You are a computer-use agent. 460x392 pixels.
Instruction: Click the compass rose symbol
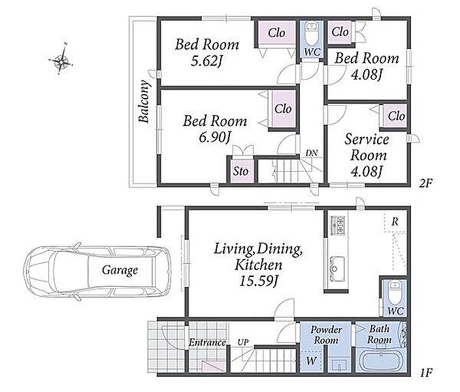61,59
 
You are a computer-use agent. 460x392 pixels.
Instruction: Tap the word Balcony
144,101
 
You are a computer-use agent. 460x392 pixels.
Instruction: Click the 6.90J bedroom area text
214,137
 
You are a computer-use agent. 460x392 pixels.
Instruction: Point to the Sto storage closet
241,171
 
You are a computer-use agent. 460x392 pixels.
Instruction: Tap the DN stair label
312,153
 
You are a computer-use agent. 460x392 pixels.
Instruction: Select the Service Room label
367,147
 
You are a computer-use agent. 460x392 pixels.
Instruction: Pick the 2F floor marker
426,183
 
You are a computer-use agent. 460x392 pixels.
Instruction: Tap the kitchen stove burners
338,225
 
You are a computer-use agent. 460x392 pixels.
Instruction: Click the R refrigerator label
395,222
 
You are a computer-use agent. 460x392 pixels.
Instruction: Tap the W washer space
311,361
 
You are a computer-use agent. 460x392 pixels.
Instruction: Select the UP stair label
243,342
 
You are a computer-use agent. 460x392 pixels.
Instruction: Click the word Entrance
207,342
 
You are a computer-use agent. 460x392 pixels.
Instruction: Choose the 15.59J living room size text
259,281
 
